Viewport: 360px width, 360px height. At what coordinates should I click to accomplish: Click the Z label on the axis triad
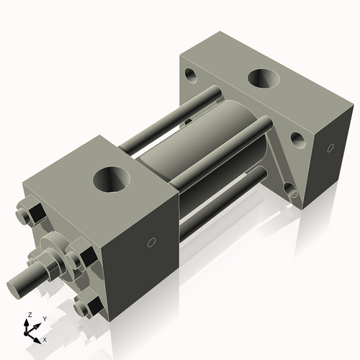[29, 315]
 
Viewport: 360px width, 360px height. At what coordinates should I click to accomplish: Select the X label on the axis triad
[45, 338]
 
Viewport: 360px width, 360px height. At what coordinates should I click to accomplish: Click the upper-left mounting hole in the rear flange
[192, 74]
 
